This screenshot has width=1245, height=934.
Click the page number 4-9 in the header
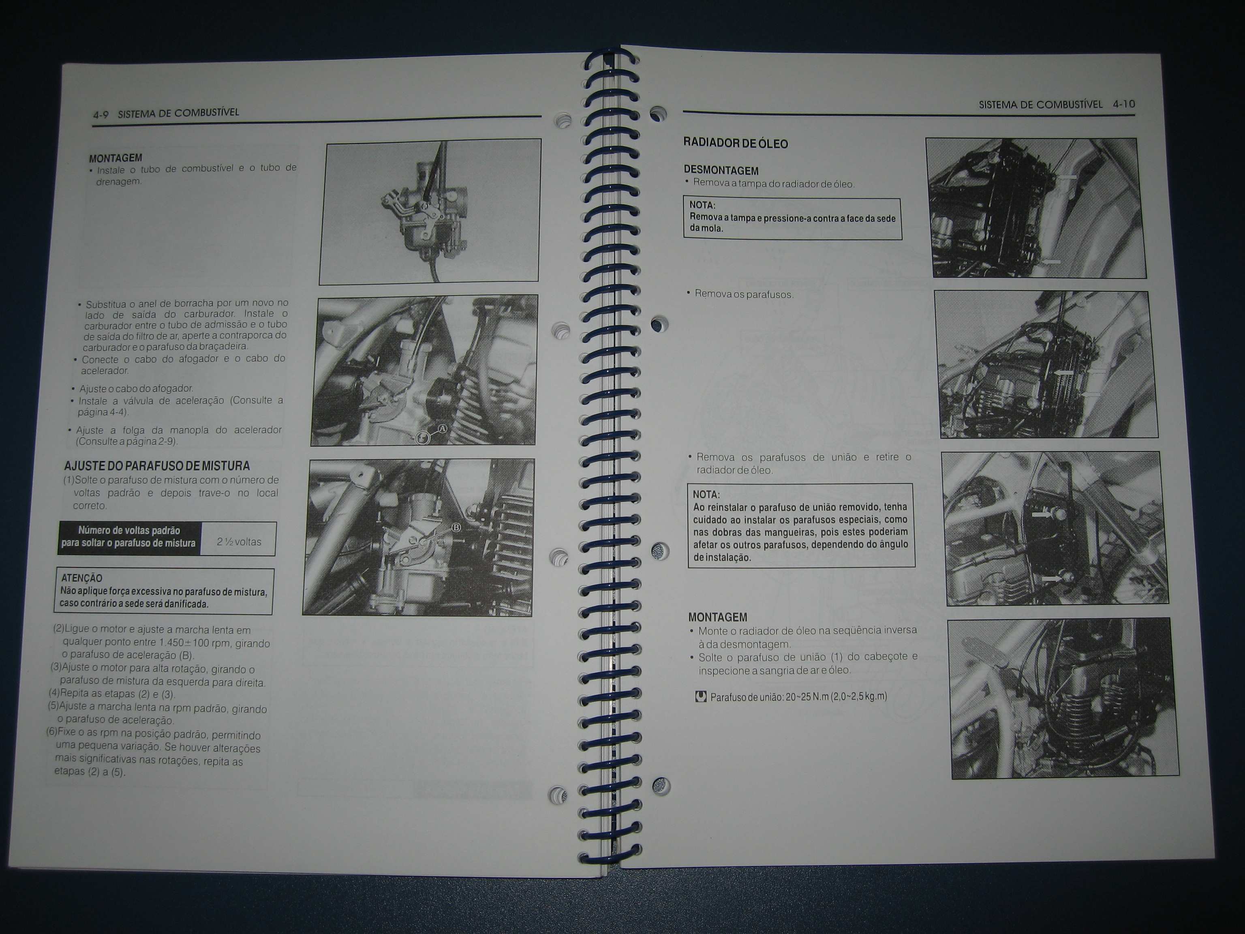101,114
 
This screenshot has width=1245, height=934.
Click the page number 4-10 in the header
1123,104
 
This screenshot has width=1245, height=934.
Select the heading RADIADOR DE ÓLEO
735,143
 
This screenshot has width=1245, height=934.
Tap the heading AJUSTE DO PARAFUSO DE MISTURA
156,466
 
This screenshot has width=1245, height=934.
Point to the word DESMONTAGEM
721,170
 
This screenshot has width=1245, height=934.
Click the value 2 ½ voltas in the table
239,542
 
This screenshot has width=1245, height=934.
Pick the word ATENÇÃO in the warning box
81,578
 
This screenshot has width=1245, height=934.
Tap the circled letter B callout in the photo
456,527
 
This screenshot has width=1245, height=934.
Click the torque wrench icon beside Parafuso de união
701,697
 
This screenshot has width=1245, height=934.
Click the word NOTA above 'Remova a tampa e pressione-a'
702,206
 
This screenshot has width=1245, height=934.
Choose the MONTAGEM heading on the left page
116,158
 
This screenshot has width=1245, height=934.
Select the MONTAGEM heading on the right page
718,617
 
